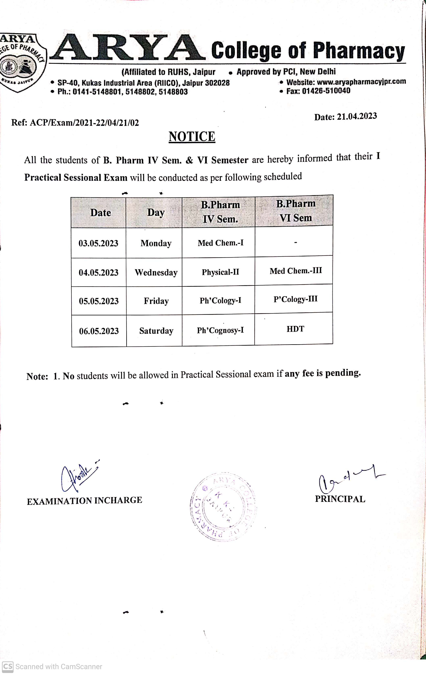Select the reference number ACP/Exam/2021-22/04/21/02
[84, 123]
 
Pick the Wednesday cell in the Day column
[156, 272]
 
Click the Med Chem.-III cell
[296, 271]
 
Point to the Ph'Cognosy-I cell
[220, 330]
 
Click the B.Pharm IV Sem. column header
[220, 212]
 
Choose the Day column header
[156, 212]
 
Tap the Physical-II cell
[220, 272]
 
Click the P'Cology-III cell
[295, 299]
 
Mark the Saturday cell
[156, 331]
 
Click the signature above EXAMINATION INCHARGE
[78, 477]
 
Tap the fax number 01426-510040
[326, 91]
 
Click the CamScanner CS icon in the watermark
[8, 666]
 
